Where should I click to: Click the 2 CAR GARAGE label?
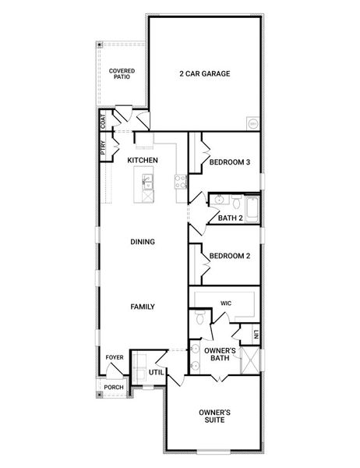205,74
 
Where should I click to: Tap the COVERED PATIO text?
122,73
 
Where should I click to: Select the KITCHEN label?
143,160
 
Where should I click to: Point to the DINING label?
143,242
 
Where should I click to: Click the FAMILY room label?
143,307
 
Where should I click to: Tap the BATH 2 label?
231,218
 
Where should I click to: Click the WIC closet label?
227,303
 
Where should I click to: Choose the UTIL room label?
155,372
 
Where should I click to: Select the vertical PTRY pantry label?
103,147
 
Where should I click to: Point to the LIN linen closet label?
255,335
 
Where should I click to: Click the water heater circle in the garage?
252,123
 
